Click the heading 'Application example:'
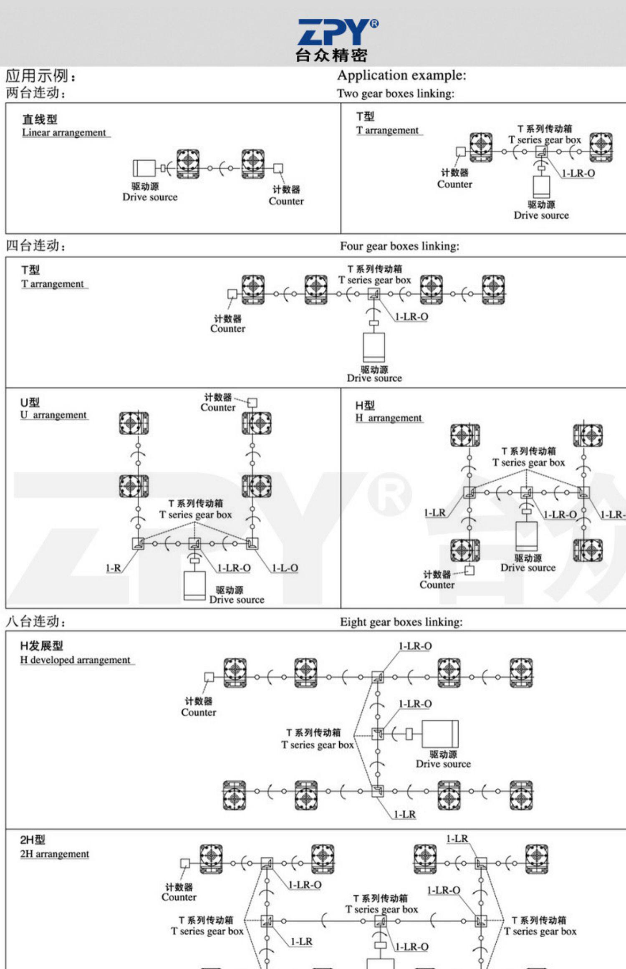401,76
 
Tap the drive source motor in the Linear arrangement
144,168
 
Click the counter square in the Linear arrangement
278,168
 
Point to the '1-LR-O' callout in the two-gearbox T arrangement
578,173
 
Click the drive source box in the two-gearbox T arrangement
541,187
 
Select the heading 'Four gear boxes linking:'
399,246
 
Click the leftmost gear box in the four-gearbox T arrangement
253,289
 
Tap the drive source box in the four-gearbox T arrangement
374,347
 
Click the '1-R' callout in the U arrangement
113,568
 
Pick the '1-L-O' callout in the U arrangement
285,568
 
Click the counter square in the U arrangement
252,403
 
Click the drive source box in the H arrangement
526,536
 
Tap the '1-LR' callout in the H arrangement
435,513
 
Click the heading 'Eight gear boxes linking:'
401,622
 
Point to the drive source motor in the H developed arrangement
440,734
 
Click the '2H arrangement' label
55,854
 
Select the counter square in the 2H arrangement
184,863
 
